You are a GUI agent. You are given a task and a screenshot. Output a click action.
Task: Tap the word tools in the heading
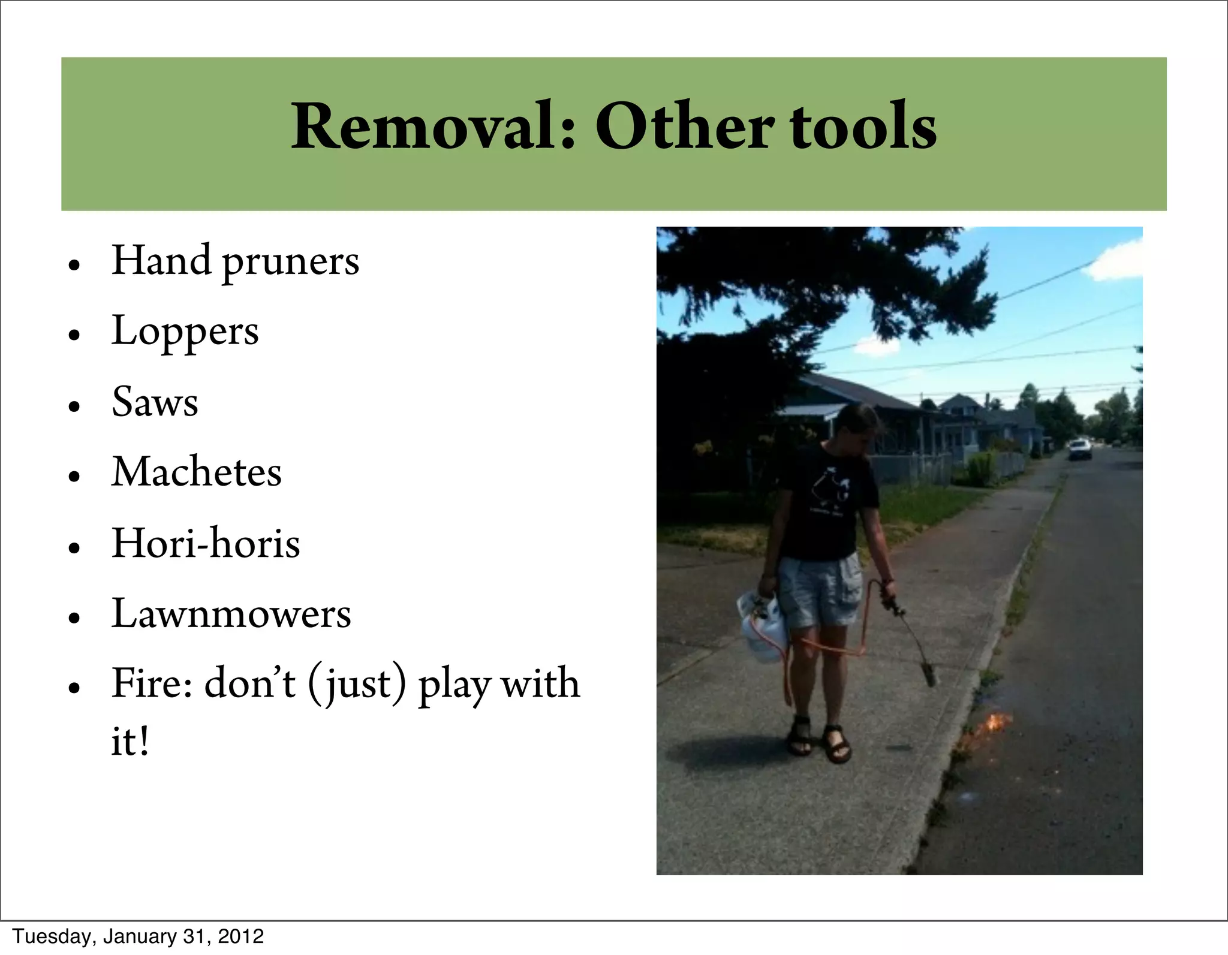[863, 126]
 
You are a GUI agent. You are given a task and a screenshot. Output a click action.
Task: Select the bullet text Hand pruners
[235, 261]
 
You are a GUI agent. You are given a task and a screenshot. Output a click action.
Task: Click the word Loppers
[185, 332]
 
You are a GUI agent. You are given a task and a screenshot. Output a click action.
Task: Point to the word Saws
[155, 402]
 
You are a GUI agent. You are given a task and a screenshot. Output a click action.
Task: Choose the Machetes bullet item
[197, 472]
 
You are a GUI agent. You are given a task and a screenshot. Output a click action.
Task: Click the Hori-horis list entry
[206, 543]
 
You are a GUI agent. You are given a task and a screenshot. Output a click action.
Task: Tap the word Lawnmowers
[231, 614]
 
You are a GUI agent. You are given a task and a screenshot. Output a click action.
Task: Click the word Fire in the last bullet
[151, 683]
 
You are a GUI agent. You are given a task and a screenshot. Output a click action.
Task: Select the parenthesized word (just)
[357, 685]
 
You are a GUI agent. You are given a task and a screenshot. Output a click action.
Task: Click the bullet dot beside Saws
[74, 406]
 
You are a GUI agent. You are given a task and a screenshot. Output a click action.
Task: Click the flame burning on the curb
[990, 723]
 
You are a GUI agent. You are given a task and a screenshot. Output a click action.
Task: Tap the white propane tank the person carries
[762, 626]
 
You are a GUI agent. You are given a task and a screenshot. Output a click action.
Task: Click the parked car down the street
[1080, 449]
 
